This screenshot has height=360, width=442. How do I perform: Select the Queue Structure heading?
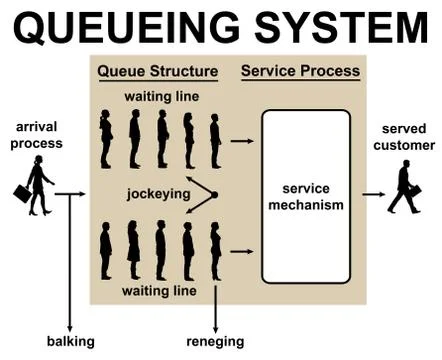(x=157, y=72)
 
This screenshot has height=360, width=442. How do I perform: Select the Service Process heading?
(x=299, y=72)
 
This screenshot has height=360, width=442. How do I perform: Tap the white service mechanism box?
(x=305, y=196)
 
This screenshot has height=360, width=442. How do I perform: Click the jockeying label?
(x=158, y=195)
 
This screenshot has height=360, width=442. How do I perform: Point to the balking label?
(x=70, y=341)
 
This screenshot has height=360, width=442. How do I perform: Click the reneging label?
(x=215, y=341)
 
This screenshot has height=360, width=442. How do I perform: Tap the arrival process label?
(x=39, y=135)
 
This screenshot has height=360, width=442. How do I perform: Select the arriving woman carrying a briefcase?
(x=38, y=187)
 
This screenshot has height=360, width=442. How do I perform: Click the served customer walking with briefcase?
(x=405, y=187)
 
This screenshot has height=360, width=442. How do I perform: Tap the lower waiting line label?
(x=158, y=291)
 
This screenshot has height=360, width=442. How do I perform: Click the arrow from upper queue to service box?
(x=241, y=141)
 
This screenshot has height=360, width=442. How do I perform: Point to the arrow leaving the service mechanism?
(x=373, y=195)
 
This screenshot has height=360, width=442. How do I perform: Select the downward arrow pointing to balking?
(x=70, y=260)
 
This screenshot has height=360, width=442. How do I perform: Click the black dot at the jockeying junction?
(x=214, y=195)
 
